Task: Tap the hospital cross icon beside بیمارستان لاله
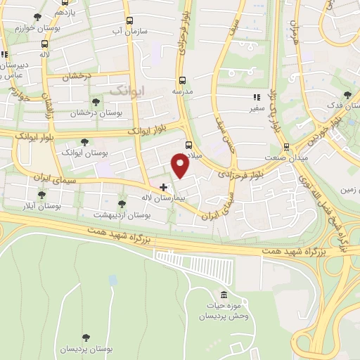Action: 164,187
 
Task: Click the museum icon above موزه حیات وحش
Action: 224,294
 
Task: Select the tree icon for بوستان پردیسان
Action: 86,337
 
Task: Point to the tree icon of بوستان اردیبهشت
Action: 122,204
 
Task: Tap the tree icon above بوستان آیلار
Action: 41,195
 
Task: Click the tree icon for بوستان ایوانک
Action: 85,141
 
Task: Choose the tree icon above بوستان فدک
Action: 347,95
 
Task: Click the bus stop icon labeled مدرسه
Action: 183,80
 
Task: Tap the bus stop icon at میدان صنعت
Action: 285,147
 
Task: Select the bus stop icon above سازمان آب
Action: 128,21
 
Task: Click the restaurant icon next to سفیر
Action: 257,98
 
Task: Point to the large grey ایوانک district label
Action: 127,91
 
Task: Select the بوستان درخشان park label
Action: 95,112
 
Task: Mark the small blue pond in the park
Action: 112,280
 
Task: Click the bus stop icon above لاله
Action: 45,43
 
